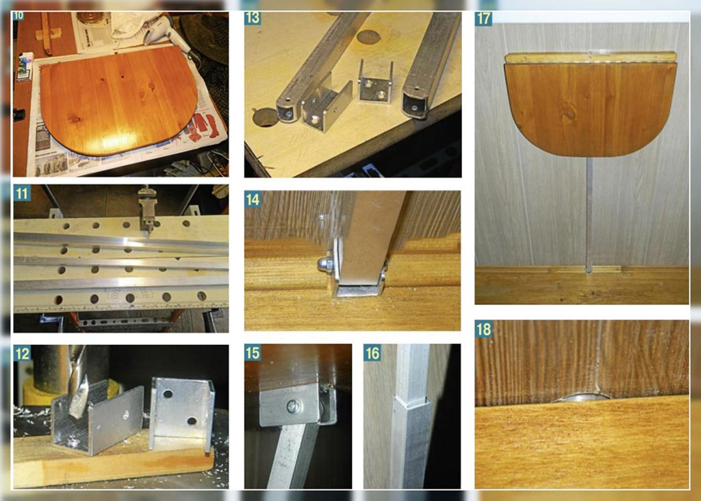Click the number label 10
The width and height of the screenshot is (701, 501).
[x=18, y=16]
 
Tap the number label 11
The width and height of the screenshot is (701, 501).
[x=21, y=193]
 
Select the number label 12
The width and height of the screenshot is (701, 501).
[x=22, y=354]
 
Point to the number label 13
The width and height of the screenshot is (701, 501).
[x=253, y=19]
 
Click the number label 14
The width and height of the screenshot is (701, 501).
[x=253, y=199]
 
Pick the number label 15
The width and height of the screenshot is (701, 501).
[x=253, y=353]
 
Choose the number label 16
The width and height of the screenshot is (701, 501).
[x=372, y=353]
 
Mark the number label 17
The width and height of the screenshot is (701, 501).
[x=484, y=19]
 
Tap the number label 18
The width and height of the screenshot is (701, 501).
[x=484, y=329]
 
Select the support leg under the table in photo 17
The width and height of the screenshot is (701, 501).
[x=589, y=215]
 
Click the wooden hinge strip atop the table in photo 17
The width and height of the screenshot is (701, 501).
[x=591, y=58]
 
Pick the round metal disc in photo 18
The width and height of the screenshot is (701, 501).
[x=581, y=398]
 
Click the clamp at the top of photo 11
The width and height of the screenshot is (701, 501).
[x=146, y=210]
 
